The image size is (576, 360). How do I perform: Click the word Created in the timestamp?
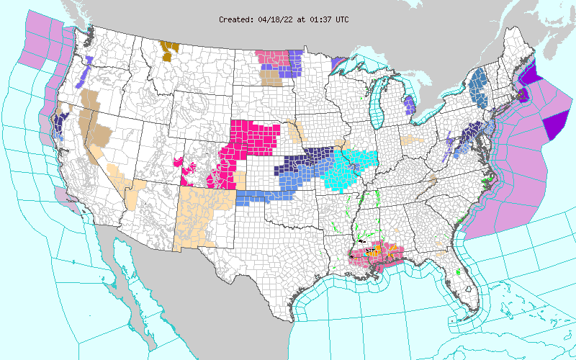(x=235, y=19)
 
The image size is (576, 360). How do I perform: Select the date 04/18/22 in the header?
(x=274, y=19)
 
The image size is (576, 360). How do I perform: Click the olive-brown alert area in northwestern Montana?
(x=170, y=50)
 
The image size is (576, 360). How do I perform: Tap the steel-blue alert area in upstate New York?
(x=477, y=85)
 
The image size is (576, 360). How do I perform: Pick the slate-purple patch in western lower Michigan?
(x=409, y=106)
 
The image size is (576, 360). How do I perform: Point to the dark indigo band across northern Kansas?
(x=302, y=160)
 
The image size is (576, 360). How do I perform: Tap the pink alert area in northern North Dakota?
(x=271, y=56)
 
